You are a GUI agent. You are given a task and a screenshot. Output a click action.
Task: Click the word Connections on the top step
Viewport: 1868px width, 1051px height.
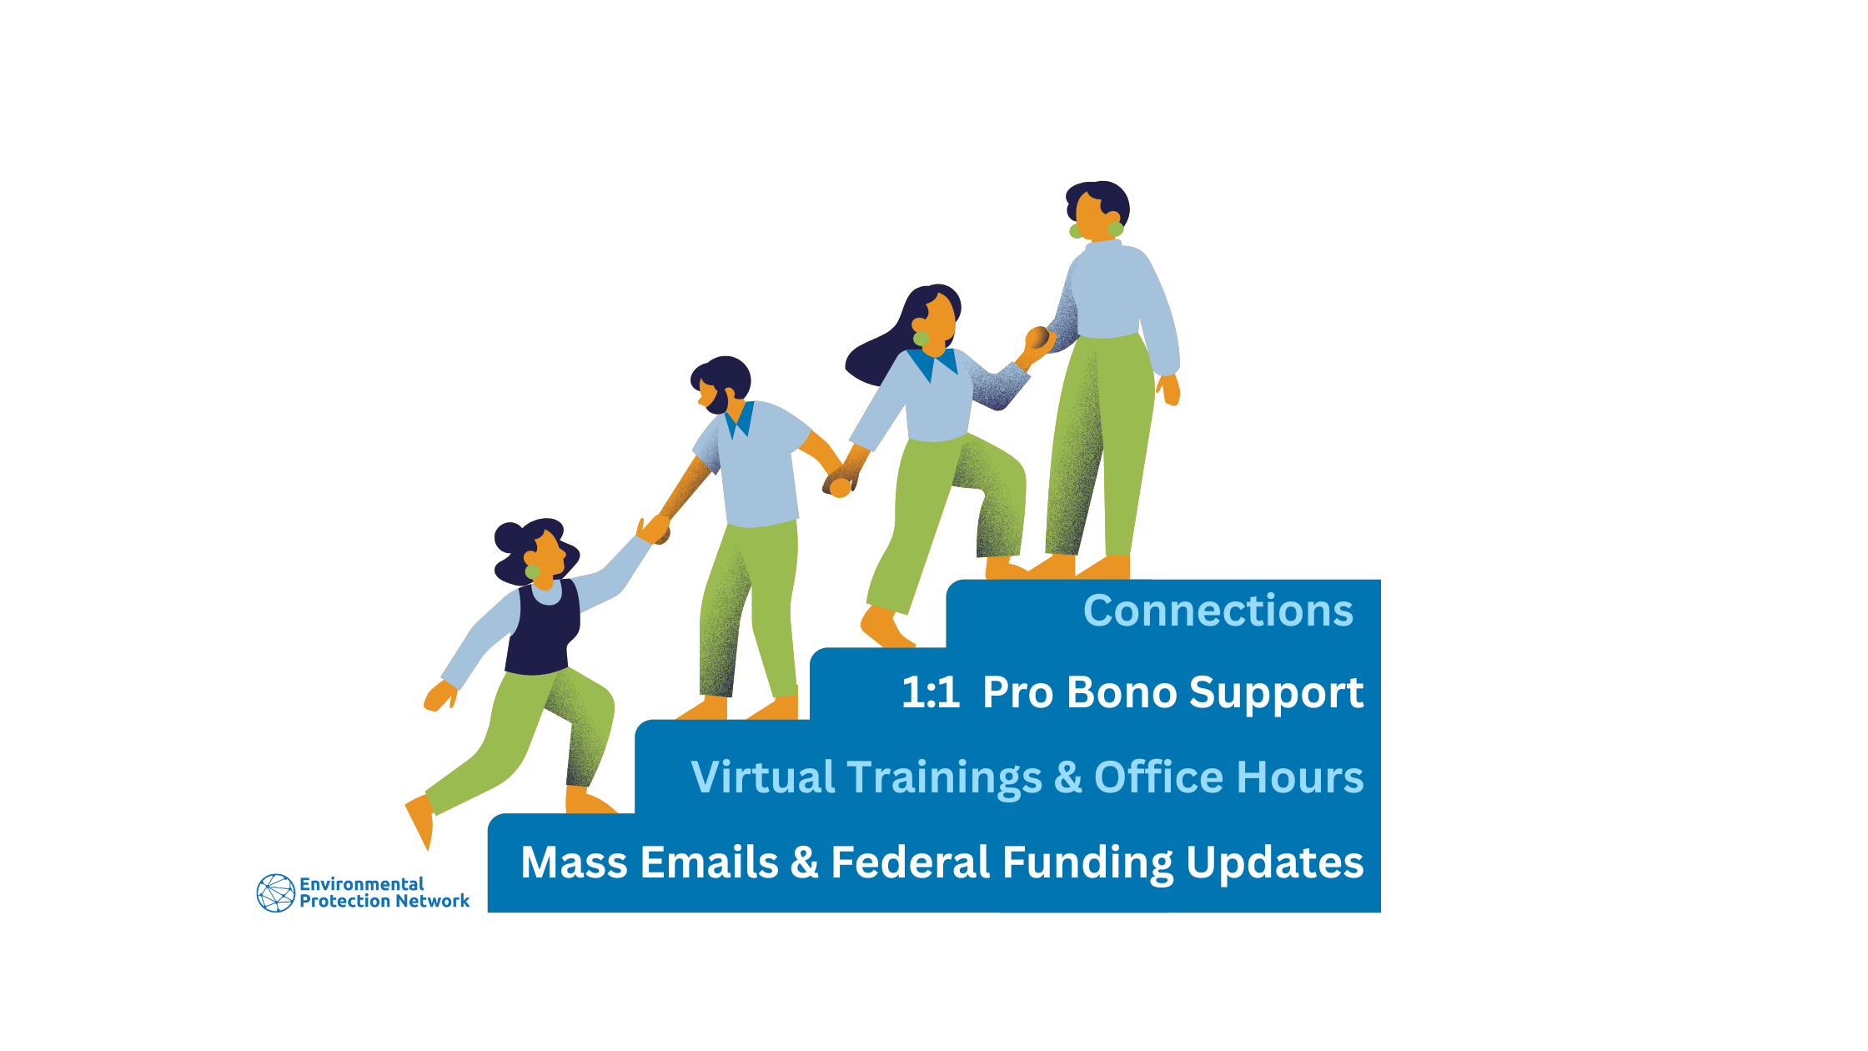pyautogui.click(x=1218, y=611)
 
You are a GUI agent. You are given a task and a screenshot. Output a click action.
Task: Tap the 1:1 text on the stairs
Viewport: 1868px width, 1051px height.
pyautogui.click(x=931, y=693)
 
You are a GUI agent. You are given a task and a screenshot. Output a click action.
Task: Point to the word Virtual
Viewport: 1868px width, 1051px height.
pyautogui.click(x=763, y=777)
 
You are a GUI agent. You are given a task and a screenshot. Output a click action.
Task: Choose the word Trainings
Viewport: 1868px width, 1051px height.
pyautogui.click(x=945, y=779)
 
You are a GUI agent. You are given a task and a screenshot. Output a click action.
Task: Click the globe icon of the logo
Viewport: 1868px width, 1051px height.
pyautogui.click(x=276, y=893)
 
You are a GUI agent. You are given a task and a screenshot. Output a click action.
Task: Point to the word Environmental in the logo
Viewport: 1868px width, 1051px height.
pyautogui.click(x=361, y=883)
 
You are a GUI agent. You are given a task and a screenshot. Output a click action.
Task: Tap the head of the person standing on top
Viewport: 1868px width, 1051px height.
pyautogui.click(x=1097, y=209)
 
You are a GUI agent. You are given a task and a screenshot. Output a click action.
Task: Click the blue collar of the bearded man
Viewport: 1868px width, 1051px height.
pyautogui.click(x=739, y=420)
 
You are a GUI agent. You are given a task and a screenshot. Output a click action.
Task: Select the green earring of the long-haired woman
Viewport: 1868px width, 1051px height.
pyautogui.click(x=921, y=339)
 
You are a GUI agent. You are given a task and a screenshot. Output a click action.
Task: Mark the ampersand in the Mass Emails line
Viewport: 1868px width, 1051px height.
pyautogui.click(x=804, y=862)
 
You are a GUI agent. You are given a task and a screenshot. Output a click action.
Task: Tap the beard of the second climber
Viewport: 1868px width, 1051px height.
pyautogui.click(x=717, y=401)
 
